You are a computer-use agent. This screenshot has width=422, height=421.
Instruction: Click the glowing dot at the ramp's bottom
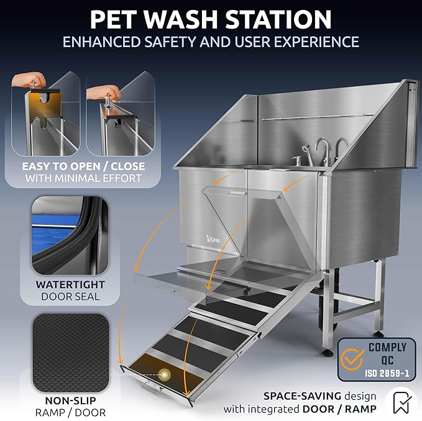coord(165,375)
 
